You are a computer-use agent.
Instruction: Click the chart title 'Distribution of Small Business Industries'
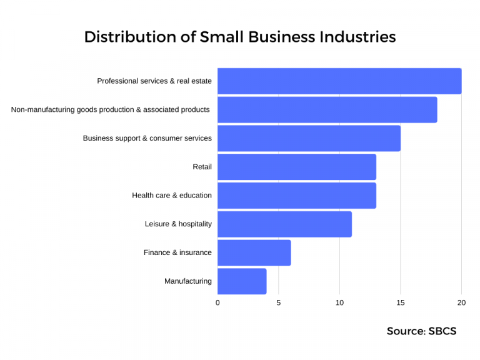(x=240, y=37)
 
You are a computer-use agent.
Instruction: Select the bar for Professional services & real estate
(x=339, y=81)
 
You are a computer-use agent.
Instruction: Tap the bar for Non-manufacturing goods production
(x=327, y=110)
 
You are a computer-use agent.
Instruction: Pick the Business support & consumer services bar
(x=309, y=138)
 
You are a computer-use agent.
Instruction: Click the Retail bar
(x=297, y=167)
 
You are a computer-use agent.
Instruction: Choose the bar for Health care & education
(x=297, y=196)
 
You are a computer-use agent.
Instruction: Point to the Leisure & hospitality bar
(x=284, y=224)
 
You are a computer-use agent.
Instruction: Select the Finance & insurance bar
(x=254, y=252)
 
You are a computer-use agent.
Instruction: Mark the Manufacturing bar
(x=242, y=281)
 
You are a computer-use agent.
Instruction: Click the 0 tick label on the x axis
(x=217, y=303)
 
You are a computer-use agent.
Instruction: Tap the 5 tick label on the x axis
(x=279, y=303)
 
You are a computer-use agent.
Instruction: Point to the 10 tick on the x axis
(x=339, y=303)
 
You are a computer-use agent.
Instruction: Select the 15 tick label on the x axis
(x=401, y=303)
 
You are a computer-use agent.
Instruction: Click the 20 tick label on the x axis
(x=461, y=303)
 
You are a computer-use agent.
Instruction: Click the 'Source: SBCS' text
(x=421, y=331)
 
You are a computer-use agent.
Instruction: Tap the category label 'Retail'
(x=202, y=167)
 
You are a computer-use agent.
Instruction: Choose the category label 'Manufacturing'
(x=187, y=281)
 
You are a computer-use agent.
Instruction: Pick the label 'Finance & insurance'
(x=177, y=252)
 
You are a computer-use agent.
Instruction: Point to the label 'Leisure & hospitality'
(x=178, y=224)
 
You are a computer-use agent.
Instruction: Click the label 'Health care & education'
(x=172, y=196)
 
